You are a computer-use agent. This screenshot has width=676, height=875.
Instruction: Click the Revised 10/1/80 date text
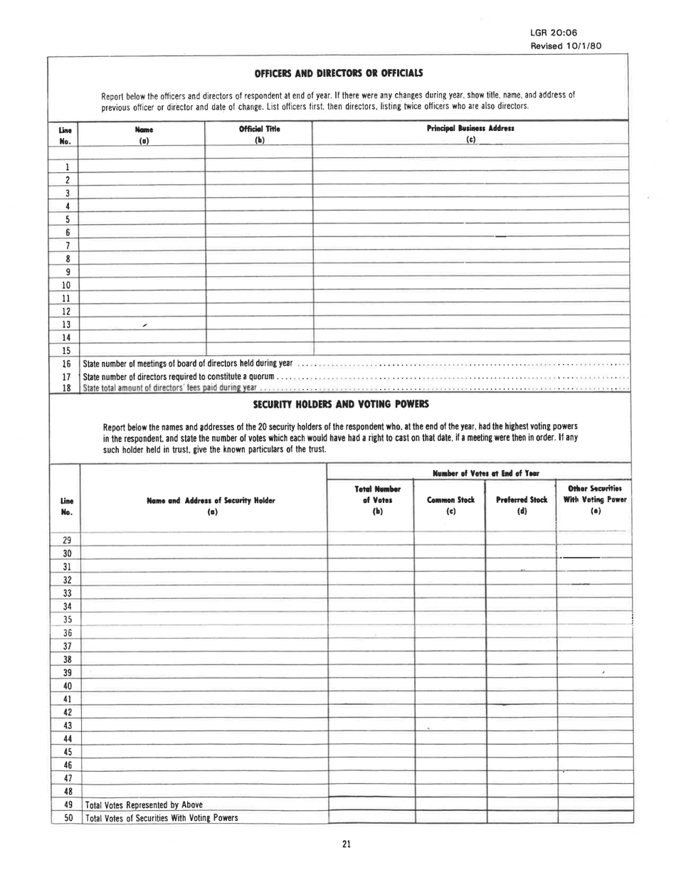point(566,45)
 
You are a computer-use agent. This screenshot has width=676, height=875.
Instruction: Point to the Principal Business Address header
point(470,129)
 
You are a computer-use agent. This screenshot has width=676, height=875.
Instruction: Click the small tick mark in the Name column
point(144,324)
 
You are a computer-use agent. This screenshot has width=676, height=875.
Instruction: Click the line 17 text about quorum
point(179,377)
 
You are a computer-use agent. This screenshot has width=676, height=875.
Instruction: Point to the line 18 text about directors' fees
point(170,388)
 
